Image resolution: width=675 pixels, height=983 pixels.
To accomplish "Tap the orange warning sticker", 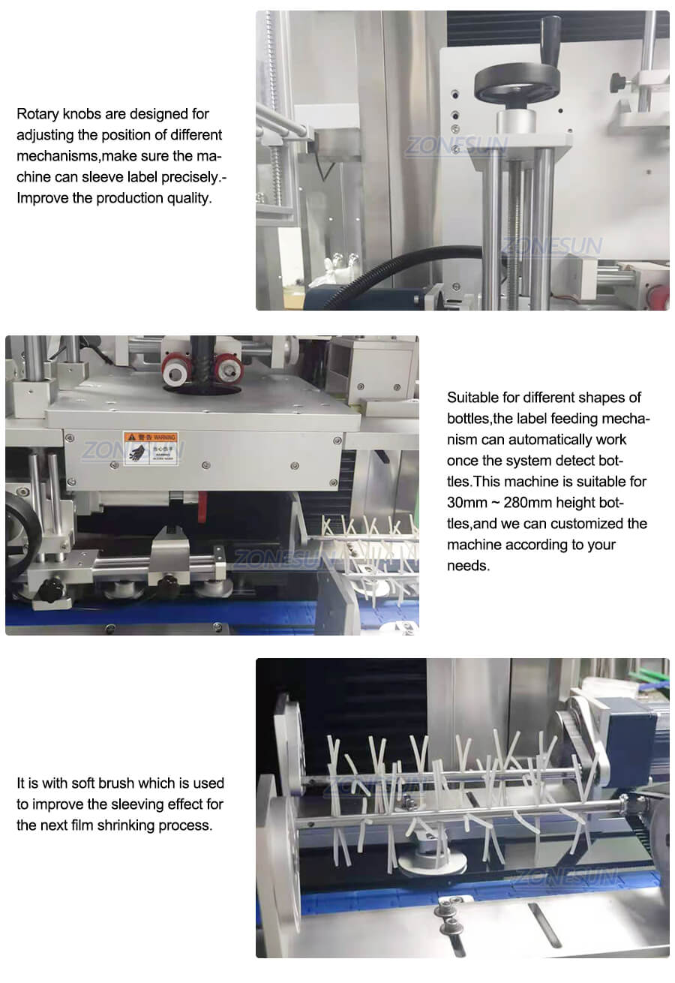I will [151, 448].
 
